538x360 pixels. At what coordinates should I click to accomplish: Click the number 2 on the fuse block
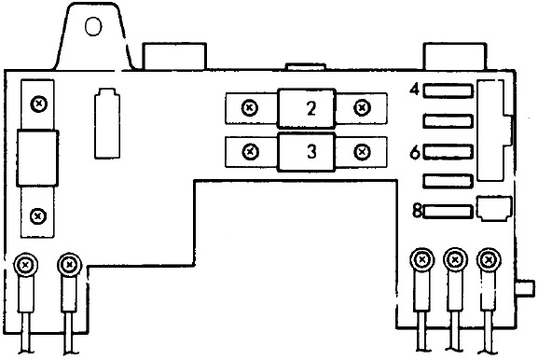pos(311,108)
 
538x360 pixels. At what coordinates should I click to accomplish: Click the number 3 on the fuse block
pos(311,152)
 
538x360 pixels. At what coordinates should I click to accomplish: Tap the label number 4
pos(415,90)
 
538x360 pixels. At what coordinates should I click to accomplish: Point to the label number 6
pos(415,152)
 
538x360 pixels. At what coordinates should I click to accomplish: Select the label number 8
pos(417,211)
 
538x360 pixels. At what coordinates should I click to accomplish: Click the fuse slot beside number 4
pos(448,91)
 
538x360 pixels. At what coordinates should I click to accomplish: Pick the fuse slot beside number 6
pos(448,152)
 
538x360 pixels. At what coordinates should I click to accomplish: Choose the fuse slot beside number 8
pos(448,212)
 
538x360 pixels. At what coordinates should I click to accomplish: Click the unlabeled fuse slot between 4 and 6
pos(448,121)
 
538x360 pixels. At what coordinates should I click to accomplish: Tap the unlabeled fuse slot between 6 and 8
pos(448,181)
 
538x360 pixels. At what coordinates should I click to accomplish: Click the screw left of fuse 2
pos(250,108)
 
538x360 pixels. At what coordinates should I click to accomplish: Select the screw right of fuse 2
pos(362,108)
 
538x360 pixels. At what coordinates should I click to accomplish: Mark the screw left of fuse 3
pos(251,151)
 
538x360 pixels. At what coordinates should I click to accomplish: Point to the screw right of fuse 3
pos(362,151)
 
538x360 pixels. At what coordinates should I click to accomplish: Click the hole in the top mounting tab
pos(93,26)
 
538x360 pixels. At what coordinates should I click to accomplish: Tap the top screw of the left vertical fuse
pos(39,104)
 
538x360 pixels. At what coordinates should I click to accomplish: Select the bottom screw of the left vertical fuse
pos(37,216)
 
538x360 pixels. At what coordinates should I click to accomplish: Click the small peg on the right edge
pos(526,288)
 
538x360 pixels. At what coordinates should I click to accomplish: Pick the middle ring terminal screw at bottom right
pos(455,260)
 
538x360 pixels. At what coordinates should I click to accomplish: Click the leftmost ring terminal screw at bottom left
pos(25,265)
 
